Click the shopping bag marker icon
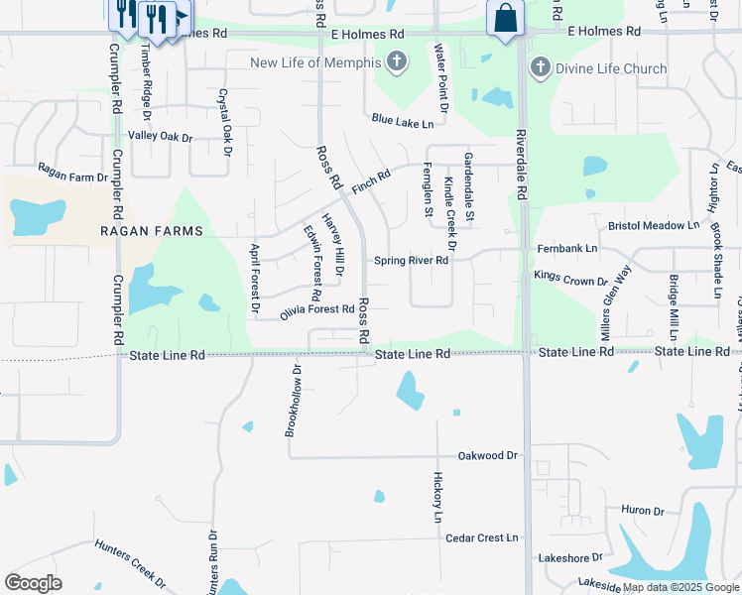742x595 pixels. [x=506, y=19]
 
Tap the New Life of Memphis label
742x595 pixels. [x=315, y=63]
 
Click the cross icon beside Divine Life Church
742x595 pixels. [x=540, y=68]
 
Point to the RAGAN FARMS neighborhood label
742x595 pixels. [x=152, y=231]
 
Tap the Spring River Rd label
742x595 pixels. [x=412, y=261]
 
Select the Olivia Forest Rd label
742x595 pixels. [x=317, y=310]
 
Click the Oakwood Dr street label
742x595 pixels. [x=488, y=456]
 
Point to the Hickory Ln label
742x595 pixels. [x=436, y=497]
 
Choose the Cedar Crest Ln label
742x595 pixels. [x=482, y=538]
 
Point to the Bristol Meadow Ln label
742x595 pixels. [x=655, y=226]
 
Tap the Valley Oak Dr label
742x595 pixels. [x=160, y=136]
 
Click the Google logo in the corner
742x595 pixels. [x=34, y=583]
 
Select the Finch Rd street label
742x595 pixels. [x=371, y=179]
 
